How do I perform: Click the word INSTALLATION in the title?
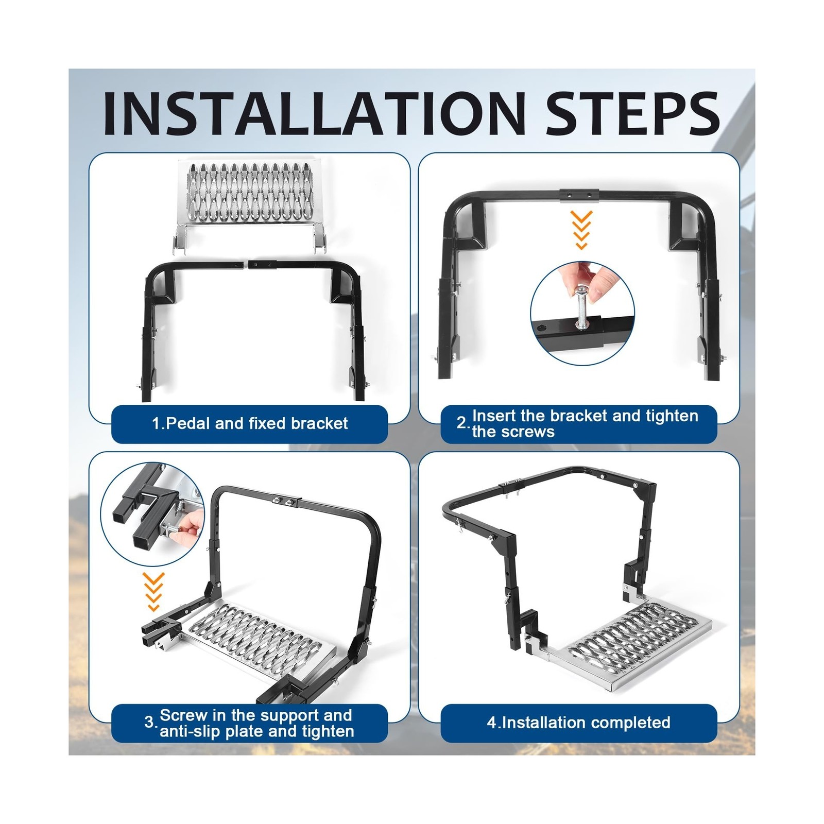(314, 113)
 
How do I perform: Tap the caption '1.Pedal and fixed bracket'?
(250, 423)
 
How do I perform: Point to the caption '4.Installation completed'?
(579, 723)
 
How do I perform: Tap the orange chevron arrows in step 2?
(582, 230)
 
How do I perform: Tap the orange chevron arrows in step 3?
(153, 592)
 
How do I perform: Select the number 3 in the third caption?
(149, 723)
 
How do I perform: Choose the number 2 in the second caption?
(461, 423)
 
